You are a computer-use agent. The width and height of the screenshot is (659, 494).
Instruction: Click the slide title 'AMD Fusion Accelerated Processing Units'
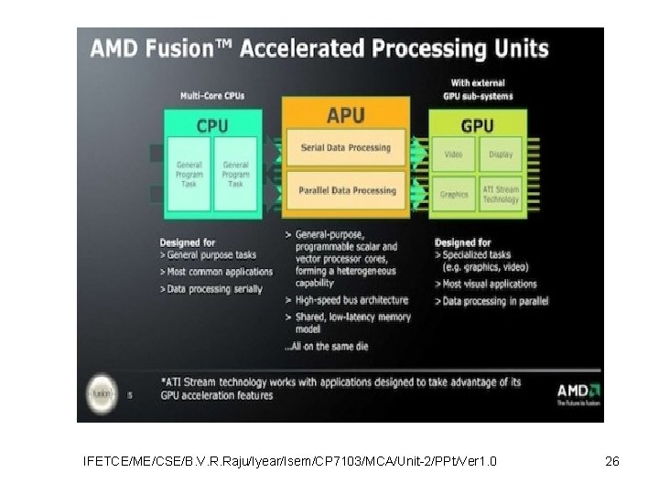click(x=319, y=48)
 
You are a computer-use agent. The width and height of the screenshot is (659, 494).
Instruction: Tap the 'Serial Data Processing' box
click(x=345, y=148)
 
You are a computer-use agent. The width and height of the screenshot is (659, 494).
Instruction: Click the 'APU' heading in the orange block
click(x=345, y=116)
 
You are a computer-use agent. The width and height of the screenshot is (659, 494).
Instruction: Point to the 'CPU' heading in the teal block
click(x=211, y=125)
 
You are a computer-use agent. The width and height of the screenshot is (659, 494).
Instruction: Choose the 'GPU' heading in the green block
click(x=478, y=125)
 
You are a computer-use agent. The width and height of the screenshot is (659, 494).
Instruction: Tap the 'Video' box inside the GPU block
click(x=454, y=155)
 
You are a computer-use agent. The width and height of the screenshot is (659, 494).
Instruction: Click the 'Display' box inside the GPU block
click(x=501, y=155)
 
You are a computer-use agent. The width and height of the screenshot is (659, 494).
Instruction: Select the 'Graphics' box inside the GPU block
click(x=454, y=194)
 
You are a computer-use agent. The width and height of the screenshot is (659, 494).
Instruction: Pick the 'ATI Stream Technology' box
click(x=501, y=194)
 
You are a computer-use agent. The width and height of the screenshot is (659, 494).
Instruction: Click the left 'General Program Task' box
click(x=189, y=174)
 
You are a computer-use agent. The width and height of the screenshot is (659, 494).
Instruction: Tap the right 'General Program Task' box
click(x=235, y=174)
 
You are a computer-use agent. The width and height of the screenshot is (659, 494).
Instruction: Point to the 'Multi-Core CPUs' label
click(x=211, y=95)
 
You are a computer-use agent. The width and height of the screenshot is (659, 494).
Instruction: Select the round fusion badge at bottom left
click(x=101, y=392)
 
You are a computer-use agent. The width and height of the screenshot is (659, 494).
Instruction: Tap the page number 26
click(x=612, y=461)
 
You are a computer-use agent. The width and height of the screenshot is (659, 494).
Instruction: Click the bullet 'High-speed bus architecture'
click(x=350, y=300)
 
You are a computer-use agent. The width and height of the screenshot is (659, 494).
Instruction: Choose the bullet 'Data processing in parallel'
click(x=495, y=301)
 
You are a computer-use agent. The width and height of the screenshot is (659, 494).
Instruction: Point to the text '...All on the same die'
click(x=328, y=347)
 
